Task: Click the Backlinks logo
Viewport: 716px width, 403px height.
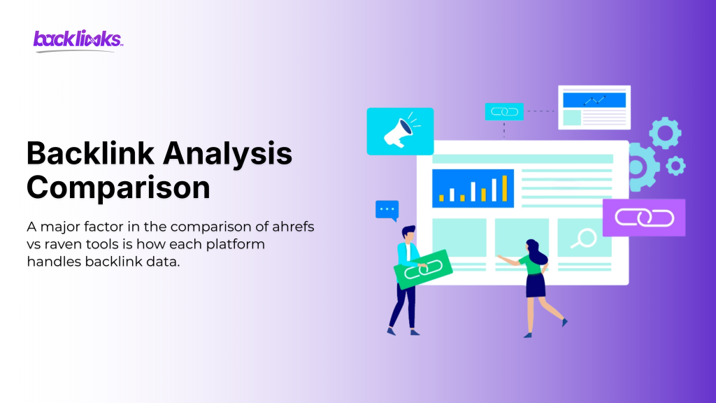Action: (x=78, y=39)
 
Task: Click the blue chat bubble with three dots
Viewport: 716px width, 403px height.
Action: (x=387, y=209)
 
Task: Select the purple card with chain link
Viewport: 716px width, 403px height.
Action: (x=643, y=218)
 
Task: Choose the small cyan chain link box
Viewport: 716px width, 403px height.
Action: (x=504, y=111)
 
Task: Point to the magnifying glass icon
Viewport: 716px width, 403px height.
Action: (x=582, y=239)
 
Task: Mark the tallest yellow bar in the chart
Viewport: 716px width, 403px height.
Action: (x=503, y=188)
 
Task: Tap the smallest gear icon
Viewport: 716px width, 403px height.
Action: (x=675, y=165)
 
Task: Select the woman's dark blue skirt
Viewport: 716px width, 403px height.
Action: (x=536, y=285)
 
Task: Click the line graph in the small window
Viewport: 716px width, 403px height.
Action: (x=594, y=100)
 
